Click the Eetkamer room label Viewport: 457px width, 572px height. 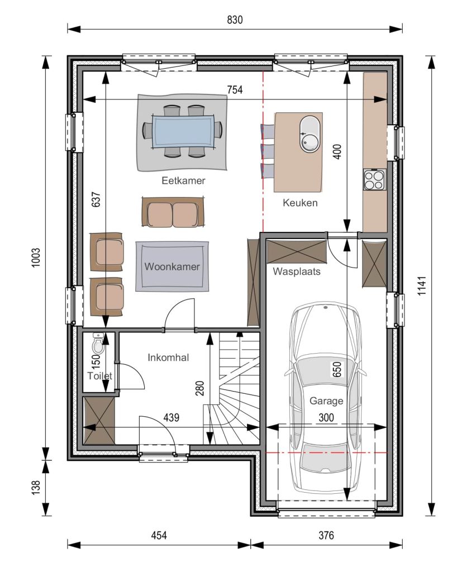tap(183, 180)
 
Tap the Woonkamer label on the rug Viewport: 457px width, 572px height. tap(172, 266)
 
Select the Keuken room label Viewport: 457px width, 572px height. tap(300, 203)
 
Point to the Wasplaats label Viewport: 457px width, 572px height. tap(297, 271)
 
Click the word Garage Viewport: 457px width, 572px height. tap(326, 401)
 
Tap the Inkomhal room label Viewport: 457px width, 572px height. tap(168, 357)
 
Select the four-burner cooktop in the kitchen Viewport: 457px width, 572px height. tap(374, 179)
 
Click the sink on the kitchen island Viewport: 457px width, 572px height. tap(310, 134)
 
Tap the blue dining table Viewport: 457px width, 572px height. tap(183, 131)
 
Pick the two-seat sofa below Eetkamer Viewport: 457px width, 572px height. tap(173, 213)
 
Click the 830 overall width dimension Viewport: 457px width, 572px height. tap(235, 20)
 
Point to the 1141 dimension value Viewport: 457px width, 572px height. tap(422, 285)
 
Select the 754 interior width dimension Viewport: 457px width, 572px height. tap(235, 90)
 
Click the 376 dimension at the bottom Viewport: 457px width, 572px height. tap(326, 536)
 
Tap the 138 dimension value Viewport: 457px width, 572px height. tap(36, 488)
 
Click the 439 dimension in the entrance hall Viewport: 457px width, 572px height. tap(172, 417)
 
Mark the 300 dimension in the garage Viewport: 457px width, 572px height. tap(326, 417)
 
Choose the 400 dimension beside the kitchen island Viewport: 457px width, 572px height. tap(337, 152)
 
